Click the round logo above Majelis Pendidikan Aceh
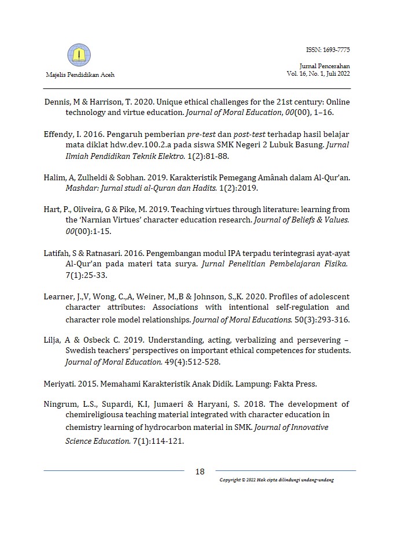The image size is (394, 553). click(79, 55)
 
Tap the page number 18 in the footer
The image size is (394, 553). click(200, 472)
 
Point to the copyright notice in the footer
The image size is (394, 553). click(277, 480)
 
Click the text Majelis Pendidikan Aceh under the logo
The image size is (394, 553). click(79, 75)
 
